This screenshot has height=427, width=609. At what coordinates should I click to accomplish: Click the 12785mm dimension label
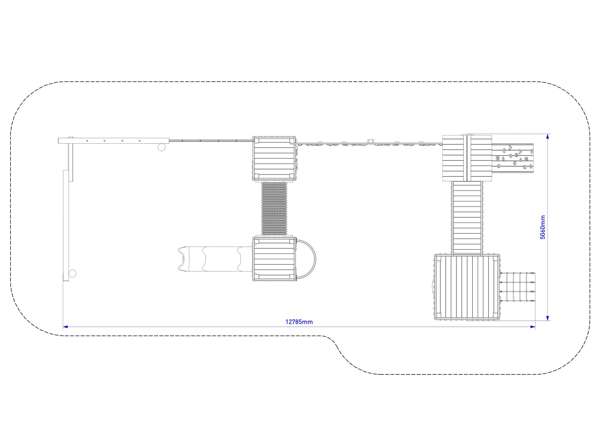coord(299,322)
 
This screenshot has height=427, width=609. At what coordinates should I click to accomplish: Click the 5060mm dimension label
coord(543,227)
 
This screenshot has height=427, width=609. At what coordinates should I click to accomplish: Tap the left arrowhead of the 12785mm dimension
coord(65,326)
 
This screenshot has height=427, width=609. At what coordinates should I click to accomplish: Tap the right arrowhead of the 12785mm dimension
coord(533,326)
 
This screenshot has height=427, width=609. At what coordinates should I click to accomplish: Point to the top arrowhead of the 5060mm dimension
coord(548,136)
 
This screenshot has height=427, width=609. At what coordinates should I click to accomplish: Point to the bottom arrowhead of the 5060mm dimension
coord(548,318)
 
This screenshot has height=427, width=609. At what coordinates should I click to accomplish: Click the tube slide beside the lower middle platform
coord(215,259)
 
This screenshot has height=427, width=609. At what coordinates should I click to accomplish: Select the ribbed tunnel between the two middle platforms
coord(274,209)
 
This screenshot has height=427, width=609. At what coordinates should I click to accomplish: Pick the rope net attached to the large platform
coord(518,287)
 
